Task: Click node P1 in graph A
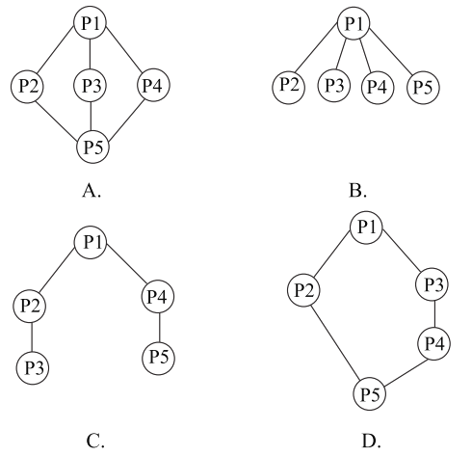click(90, 23)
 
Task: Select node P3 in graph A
click(91, 86)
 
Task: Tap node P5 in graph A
click(92, 147)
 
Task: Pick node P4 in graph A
click(153, 85)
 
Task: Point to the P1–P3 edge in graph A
click(91, 54)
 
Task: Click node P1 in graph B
click(354, 23)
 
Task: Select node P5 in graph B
click(423, 88)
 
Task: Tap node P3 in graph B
click(334, 86)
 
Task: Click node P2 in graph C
click(30, 306)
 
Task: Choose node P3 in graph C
click(33, 368)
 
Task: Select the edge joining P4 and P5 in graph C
click(159, 328)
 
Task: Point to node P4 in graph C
click(158, 297)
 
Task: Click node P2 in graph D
click(303, 290)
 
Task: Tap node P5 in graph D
click(369, 394)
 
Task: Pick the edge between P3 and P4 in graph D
click(433, 314)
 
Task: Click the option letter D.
click(371, 441)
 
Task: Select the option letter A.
click(92, 191)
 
